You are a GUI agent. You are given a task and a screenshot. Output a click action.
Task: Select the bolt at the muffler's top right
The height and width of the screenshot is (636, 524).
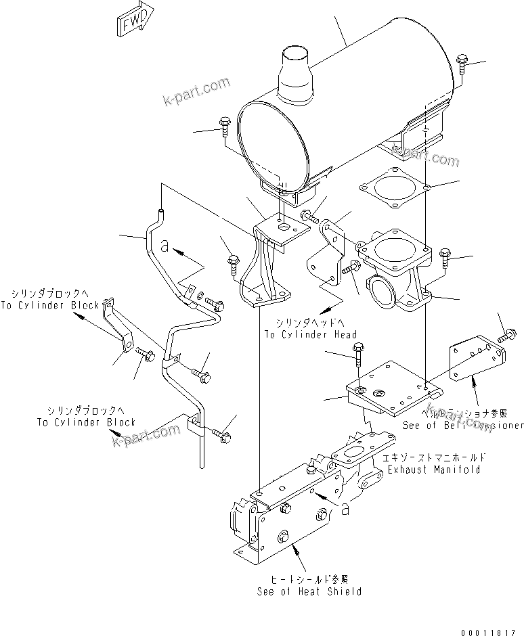tap(461, 64)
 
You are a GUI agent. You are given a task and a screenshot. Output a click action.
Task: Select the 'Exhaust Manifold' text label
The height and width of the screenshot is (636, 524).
tap(431, 469)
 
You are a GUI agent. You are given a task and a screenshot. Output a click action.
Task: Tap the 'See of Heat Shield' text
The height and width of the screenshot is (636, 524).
tap(309, 591)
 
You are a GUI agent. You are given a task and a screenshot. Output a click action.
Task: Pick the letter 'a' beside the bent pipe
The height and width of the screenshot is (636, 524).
tap(165, 244)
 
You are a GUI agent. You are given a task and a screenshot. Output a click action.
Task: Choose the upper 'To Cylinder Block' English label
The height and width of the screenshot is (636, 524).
tap(50, 305)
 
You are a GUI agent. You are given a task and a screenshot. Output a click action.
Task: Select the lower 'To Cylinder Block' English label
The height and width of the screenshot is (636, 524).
tap(87, 422)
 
